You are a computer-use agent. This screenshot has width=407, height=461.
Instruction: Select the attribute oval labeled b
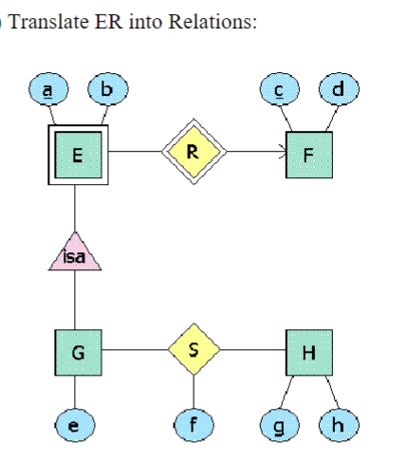(106, 90)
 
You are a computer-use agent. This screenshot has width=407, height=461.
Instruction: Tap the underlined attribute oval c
(278, 91)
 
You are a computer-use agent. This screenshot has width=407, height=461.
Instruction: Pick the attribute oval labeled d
(337, 90)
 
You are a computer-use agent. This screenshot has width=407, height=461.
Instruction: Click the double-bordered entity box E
(76, 153)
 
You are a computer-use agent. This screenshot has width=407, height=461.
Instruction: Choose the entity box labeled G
(77, 349)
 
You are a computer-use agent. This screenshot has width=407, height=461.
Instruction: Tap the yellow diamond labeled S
(194, 349)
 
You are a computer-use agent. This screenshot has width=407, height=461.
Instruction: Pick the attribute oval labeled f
(194, 426)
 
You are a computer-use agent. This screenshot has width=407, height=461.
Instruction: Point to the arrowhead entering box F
(281, 152)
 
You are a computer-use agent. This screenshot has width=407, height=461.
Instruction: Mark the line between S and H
(252, 349)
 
